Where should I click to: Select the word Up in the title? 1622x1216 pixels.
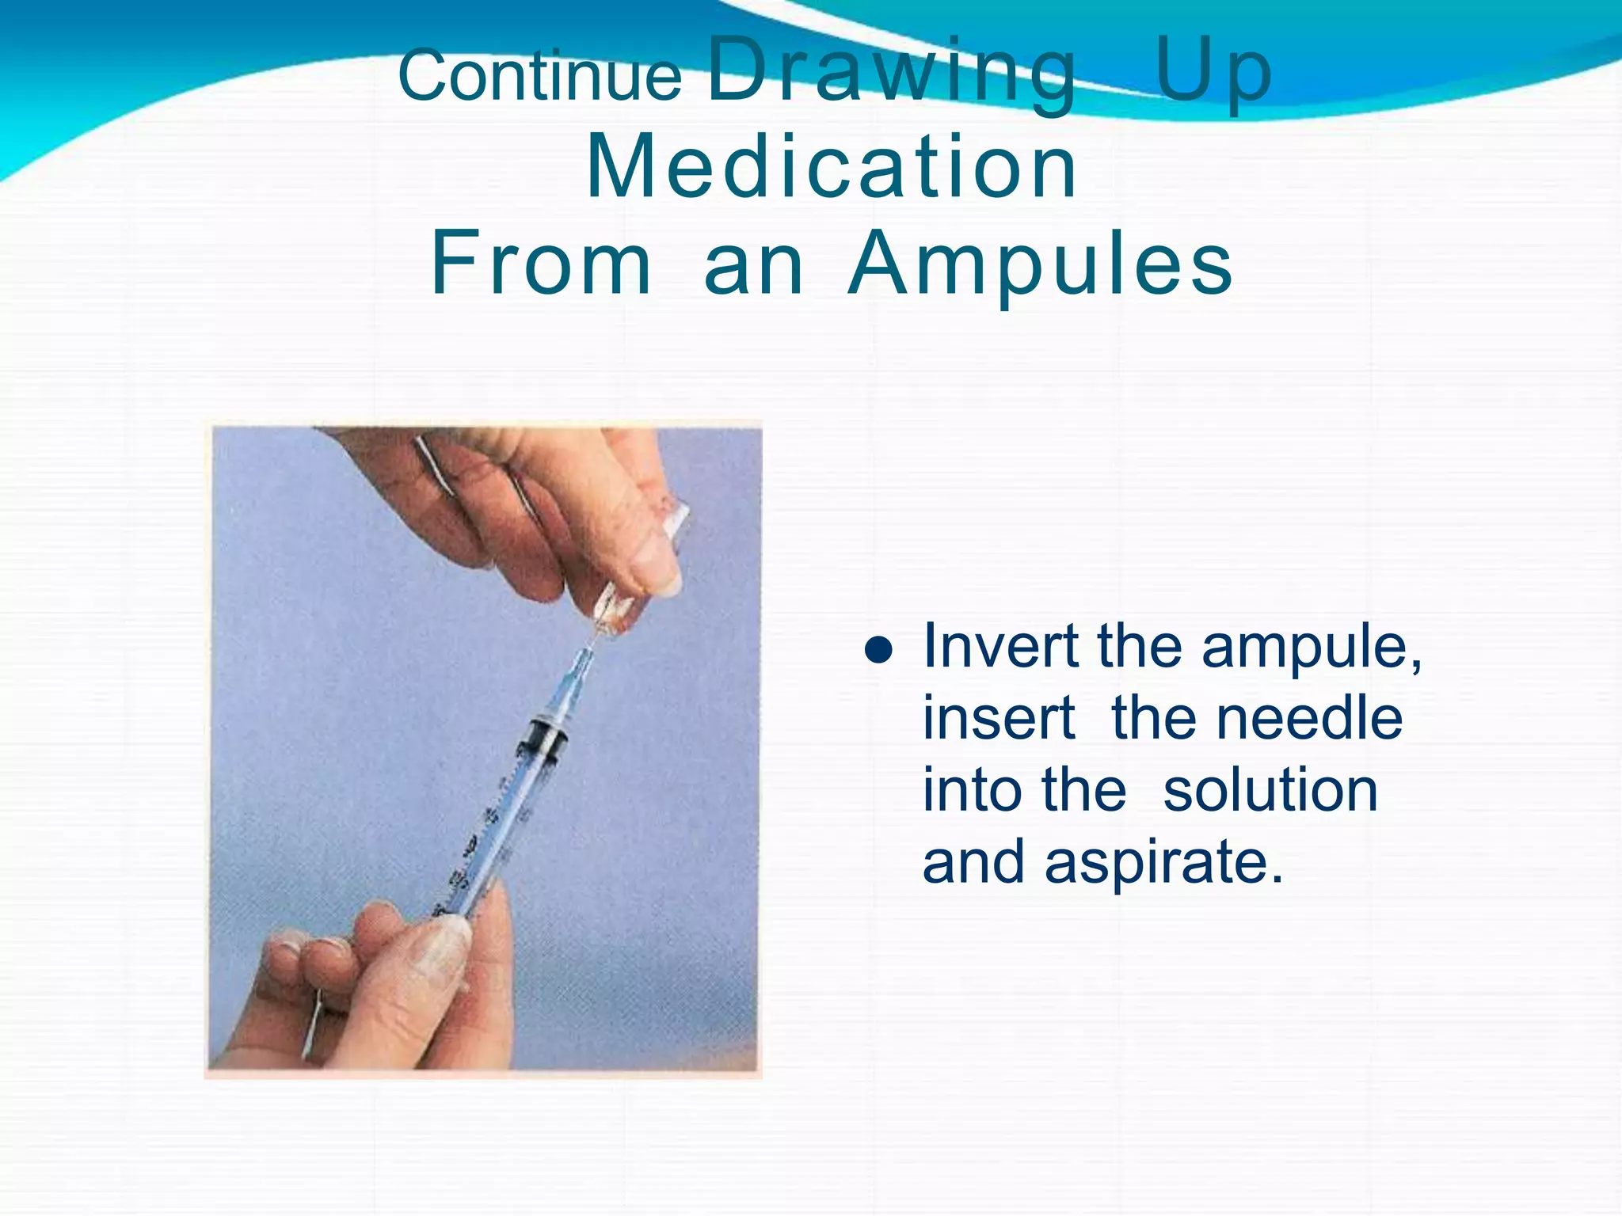click(1213, 73)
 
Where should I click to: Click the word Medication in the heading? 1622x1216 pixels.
click(831, 167)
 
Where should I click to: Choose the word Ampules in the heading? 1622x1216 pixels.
click(1040, 264)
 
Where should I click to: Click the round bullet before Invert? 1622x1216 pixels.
click(878, 651)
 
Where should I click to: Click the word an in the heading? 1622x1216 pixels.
click(753, 264)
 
